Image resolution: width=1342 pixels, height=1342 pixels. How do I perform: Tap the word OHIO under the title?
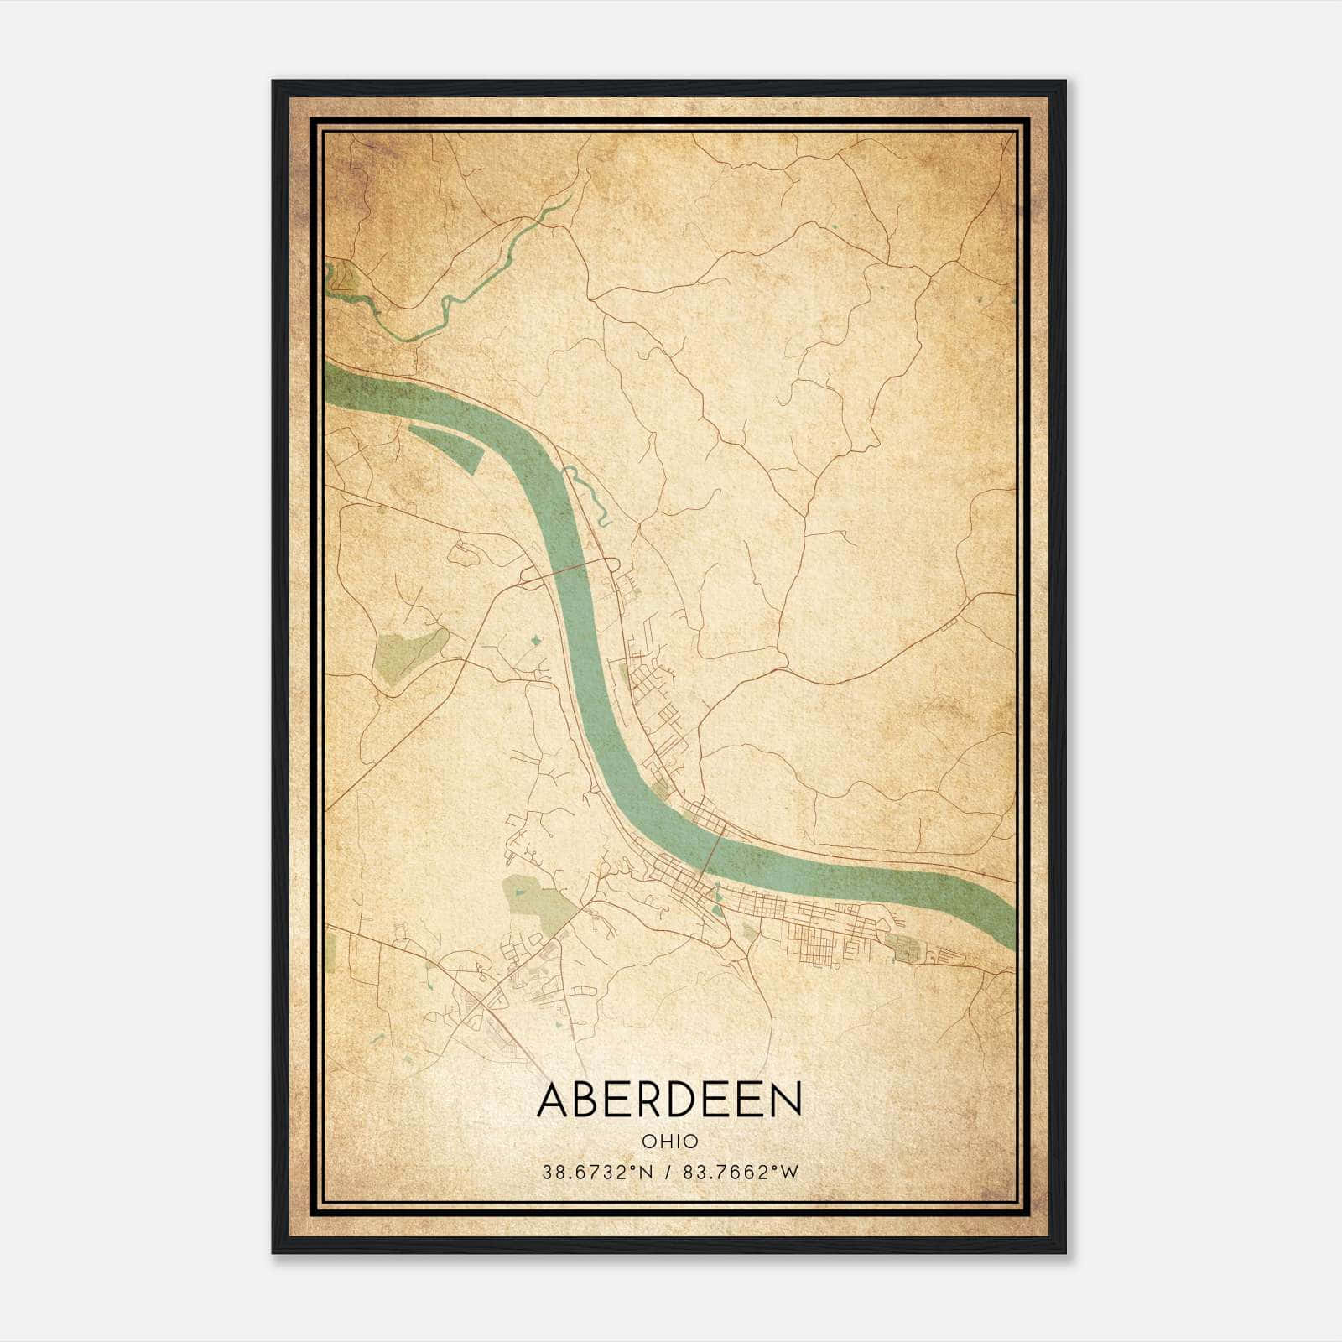(669, 1141)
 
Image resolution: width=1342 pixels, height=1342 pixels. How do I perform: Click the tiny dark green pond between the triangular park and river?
(535, 642)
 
